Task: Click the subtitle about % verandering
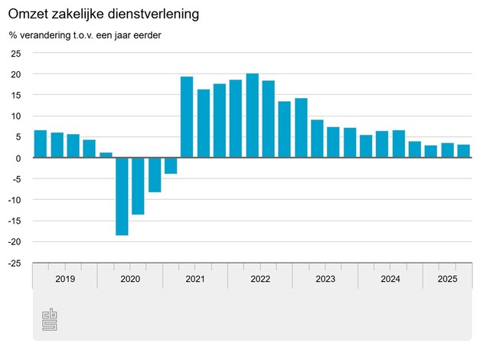[85, 35]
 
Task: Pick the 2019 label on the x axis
[65, 280]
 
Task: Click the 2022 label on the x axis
[260, 280]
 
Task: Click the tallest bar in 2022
[252, 116]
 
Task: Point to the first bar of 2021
[187, 117]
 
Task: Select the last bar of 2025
[463, 151]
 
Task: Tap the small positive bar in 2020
[106, 155]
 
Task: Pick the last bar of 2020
[171, 165]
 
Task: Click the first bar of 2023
[317, 139]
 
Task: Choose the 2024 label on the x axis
[390, 280]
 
